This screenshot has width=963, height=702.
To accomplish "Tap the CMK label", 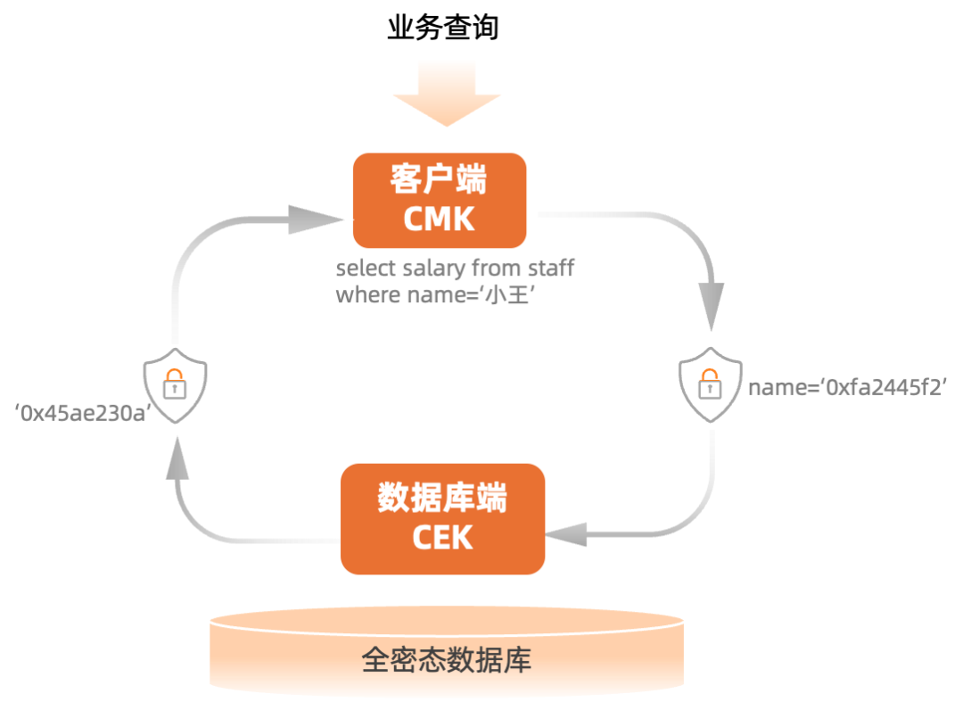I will coord(439,219).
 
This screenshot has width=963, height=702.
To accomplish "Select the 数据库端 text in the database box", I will coord(441,499).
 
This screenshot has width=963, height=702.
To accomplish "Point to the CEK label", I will coord(442,537).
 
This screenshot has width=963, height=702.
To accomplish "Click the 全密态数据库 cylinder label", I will coord(446,660).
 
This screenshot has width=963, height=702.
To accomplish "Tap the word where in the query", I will coord(359,295).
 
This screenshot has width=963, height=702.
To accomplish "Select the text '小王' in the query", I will coord(506,296).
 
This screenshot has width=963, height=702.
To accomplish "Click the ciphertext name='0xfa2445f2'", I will coord(847,387).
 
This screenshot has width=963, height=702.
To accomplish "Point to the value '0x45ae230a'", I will coord(81,412).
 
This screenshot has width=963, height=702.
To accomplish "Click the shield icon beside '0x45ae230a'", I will coord(176,386).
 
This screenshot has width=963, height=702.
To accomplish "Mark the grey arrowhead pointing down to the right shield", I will coord(711,308).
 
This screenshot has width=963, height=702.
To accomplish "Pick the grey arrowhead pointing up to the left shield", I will coord(177,459).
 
